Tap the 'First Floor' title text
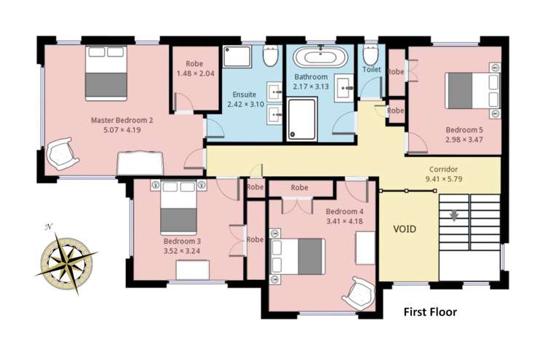[x=430, y=313]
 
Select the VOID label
[x=405, y=228]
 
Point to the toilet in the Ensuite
[x=270, y=56]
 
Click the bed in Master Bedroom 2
[x=106, y=73]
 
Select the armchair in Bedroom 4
[x=359, y=292]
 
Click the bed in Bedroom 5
[x=470, y=88]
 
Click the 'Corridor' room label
[x=443, y=168]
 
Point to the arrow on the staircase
[x=455, y=215]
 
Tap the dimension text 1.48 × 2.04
[x=194, y=73]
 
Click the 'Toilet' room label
[x=371, y=70]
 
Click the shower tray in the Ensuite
[x=239, y=57]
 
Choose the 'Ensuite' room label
[x=244, y=95]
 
